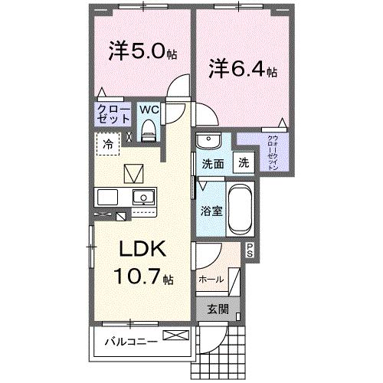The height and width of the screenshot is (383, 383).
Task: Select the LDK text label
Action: [141, 250]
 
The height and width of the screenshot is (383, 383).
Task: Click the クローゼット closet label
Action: [113, 114]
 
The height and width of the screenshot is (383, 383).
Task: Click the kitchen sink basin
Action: [141, 198]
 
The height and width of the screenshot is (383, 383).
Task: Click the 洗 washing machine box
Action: [243, 162]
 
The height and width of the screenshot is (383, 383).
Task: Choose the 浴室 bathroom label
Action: [212, 211]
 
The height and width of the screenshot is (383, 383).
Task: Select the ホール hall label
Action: [211, 280]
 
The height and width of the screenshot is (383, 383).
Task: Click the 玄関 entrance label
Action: [217, 309]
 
